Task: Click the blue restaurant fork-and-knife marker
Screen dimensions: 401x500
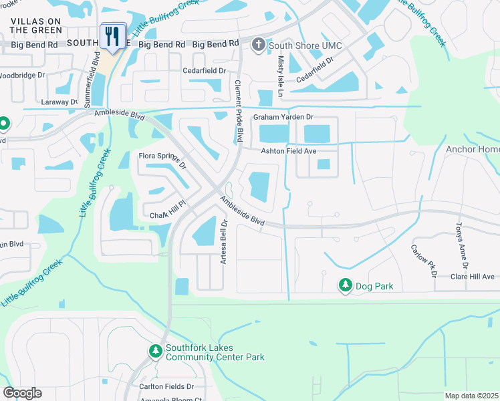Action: (112, 36)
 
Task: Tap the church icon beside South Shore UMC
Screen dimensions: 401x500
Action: (258, 45)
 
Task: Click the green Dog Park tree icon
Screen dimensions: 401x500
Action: (345, 285)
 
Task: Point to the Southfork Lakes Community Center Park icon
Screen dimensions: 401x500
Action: (155, 350)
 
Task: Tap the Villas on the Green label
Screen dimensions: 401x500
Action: (36, 26)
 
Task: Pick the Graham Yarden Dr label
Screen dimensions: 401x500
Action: (283, 118)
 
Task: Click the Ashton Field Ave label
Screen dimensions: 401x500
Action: (288, 151)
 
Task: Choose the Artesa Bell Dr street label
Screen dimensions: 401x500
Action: (225, 241)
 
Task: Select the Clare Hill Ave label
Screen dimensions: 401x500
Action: (472, 277)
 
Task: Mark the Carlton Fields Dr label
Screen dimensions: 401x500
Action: (166, 386)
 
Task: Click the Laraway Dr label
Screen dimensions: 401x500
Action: (60, 102)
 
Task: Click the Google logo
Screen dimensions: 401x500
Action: (22, 393)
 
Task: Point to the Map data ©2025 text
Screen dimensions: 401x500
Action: (471, 396)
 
